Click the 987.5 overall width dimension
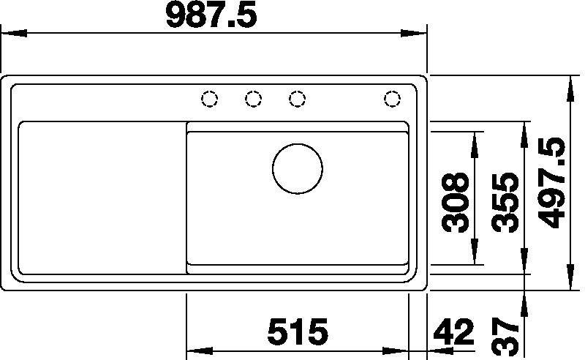pyautogui.click(x=211, y=15)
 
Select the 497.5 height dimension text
pyautogui.click(x=553, y=183)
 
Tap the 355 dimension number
pyautogui.click(x=505, y=203)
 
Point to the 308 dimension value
pyautogui.click(x=455, y=202)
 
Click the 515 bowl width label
pyautogui.click(x=298, y=331)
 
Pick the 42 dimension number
pyautogui.click(x=453, y=331)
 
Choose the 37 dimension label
pyautogui.click(x=505, y=337)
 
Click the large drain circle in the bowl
pyautogui.click(x=298, y=169)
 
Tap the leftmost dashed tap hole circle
pyautogui.click(x=209, y=99)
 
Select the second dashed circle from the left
pyautogui.click(x=253, y=99)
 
